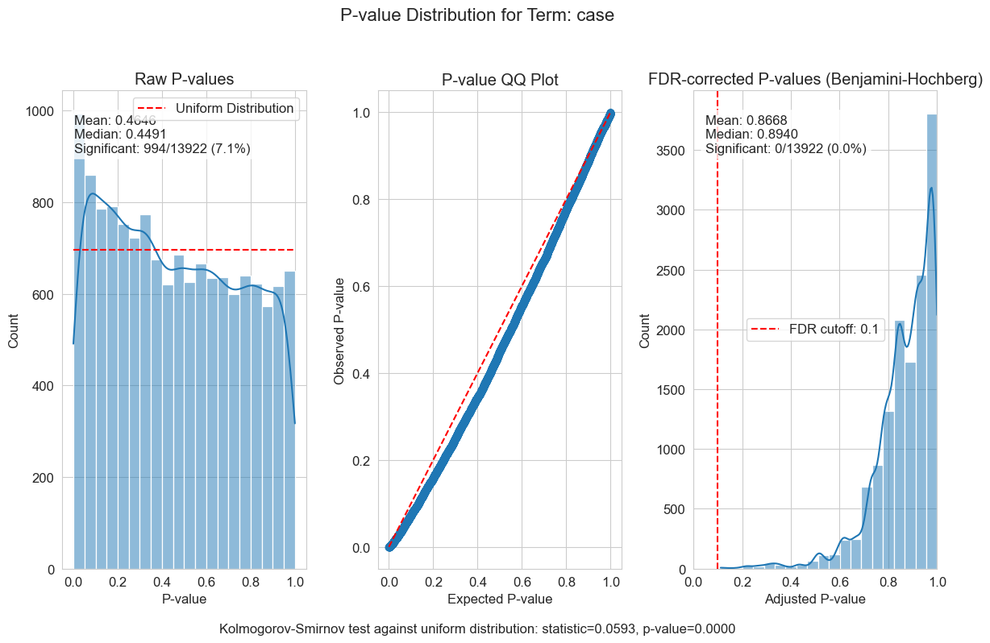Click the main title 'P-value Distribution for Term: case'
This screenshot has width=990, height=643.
(x=477, y=15)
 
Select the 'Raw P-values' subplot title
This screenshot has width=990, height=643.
(x=184, y=79)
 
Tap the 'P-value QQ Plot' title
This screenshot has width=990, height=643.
(x=500, y=79)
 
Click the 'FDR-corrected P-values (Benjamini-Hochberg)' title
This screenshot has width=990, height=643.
(x=816, y=79)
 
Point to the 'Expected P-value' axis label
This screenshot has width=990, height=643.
(x=500, y=599)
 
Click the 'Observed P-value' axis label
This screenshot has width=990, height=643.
(x=339, y=330)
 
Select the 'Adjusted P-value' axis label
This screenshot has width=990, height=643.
(x=815, y=599)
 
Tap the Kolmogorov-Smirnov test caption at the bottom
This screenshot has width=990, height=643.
(x=477, y=628)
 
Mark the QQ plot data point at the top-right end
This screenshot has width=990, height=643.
(x=610, y=113)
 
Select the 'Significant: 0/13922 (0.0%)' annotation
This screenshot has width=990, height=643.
(x=785, y=148)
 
